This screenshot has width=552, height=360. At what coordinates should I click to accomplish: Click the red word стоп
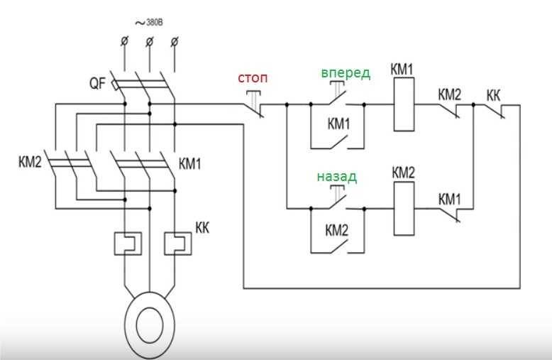253,75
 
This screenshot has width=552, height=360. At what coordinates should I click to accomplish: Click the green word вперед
345,74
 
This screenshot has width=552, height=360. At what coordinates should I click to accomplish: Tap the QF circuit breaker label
97,84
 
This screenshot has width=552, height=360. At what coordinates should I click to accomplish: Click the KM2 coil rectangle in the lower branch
404,208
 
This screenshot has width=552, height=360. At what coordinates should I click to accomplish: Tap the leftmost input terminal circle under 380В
124,43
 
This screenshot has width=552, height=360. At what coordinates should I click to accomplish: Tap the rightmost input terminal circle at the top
175,43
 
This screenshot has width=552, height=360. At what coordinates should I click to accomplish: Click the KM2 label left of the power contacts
30,162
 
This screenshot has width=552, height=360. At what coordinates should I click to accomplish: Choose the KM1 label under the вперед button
338,124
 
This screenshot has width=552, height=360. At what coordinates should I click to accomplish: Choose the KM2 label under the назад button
337,230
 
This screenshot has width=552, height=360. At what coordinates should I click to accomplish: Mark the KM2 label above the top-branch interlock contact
449,94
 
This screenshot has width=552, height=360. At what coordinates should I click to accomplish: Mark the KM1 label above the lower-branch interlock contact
450,199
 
